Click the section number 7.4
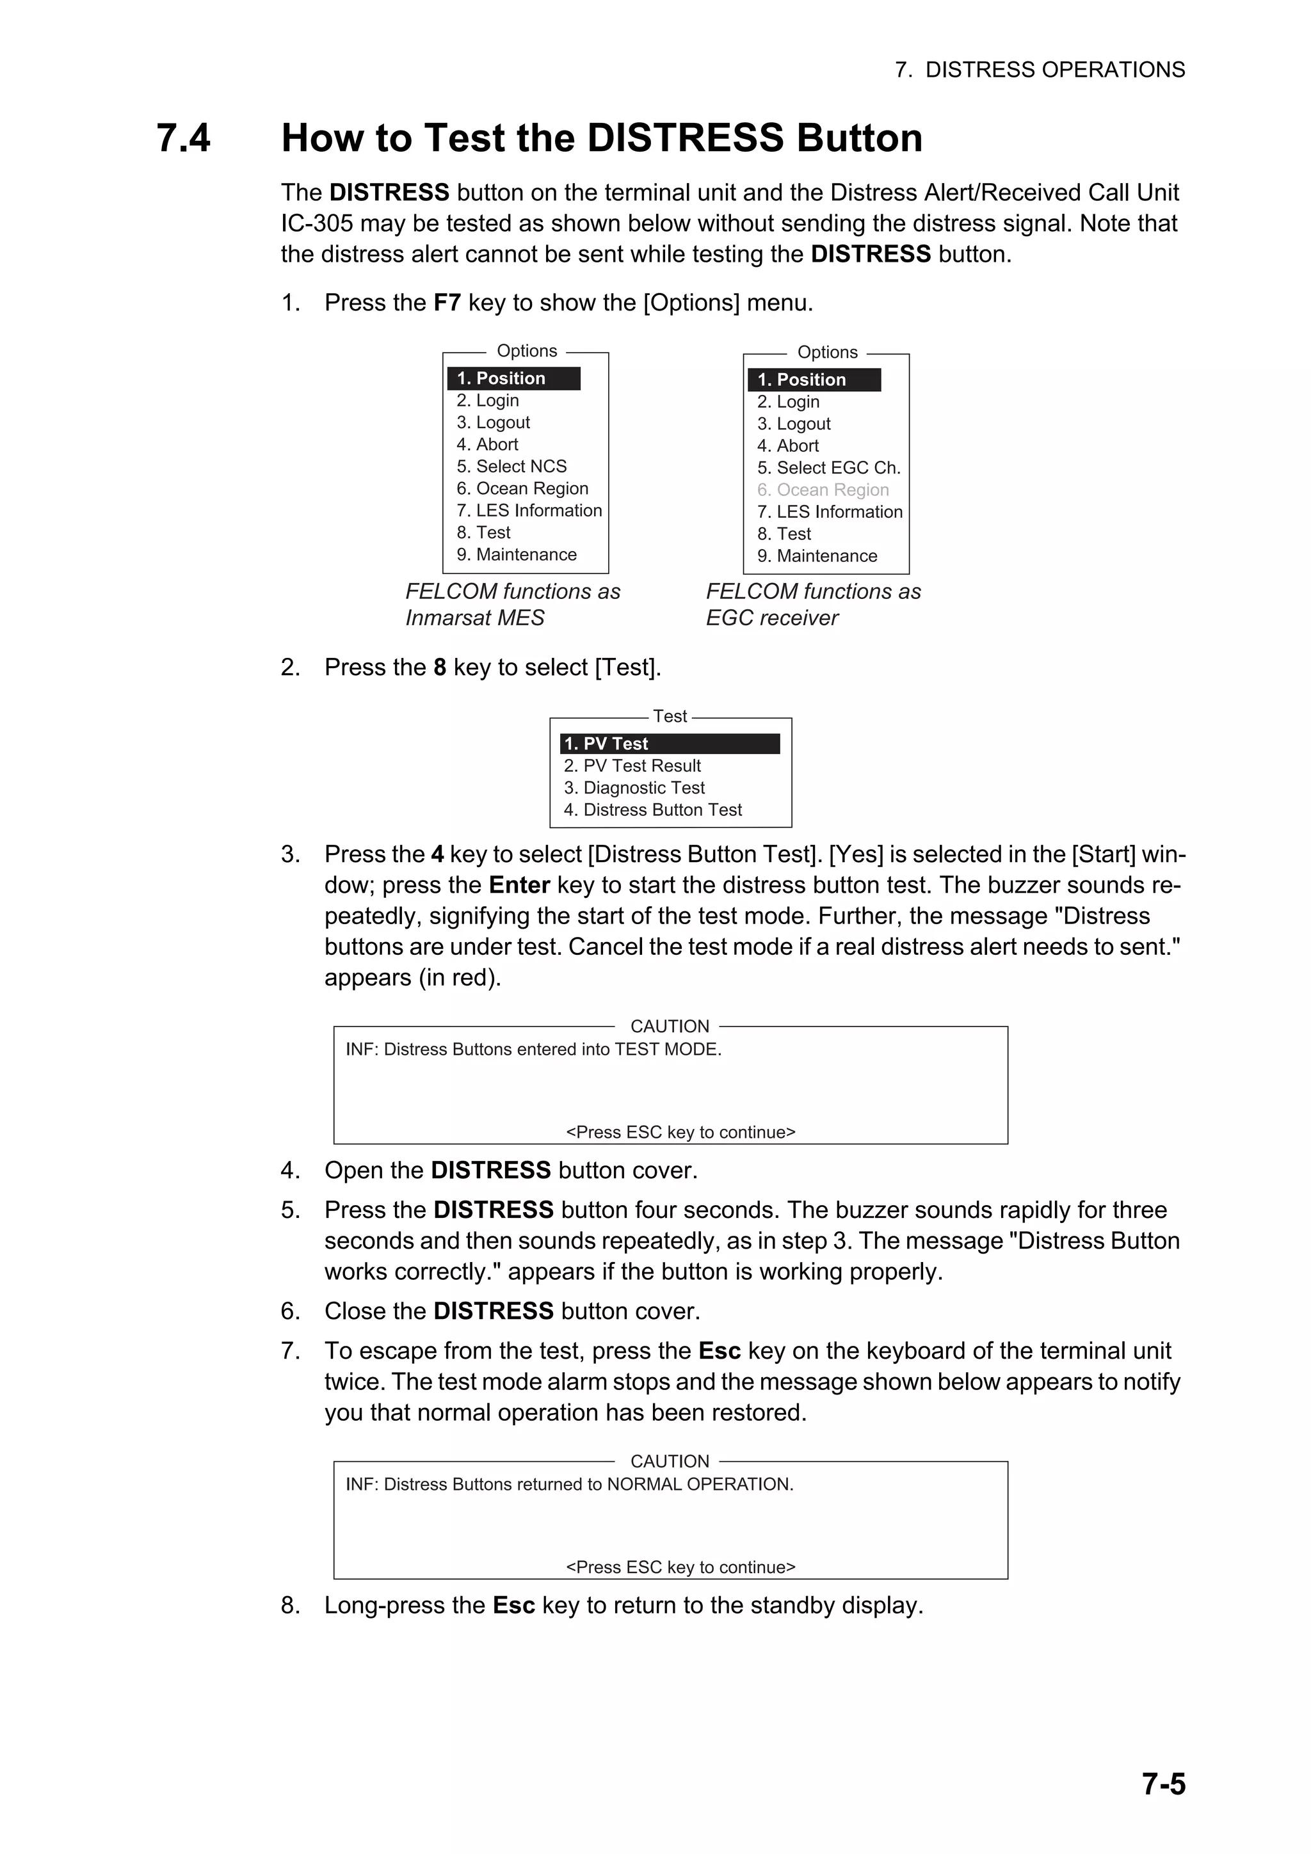pos(183,138)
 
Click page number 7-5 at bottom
pos(1163,1784)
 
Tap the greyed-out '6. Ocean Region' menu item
pos(823,490)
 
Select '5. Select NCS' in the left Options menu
pos(511,467)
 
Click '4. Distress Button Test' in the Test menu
pos(653,810)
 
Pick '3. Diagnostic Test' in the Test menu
pos(634,788)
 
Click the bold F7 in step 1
pos(447,303)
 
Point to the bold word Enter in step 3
pos(519,886)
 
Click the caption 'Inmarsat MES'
pos(475,619)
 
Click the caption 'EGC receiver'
pos(771,619)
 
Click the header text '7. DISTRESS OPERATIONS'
pos(1040,70)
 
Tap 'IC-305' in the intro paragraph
pos(317,224)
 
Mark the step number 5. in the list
pos(291,1210)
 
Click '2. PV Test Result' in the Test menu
pos(632,766)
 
